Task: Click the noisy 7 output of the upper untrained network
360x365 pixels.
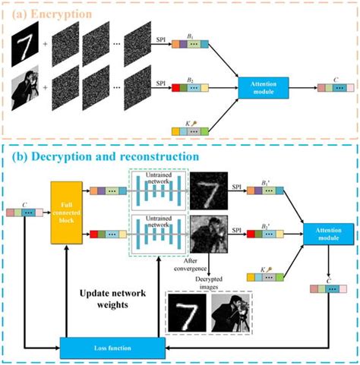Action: coord(207,188)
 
